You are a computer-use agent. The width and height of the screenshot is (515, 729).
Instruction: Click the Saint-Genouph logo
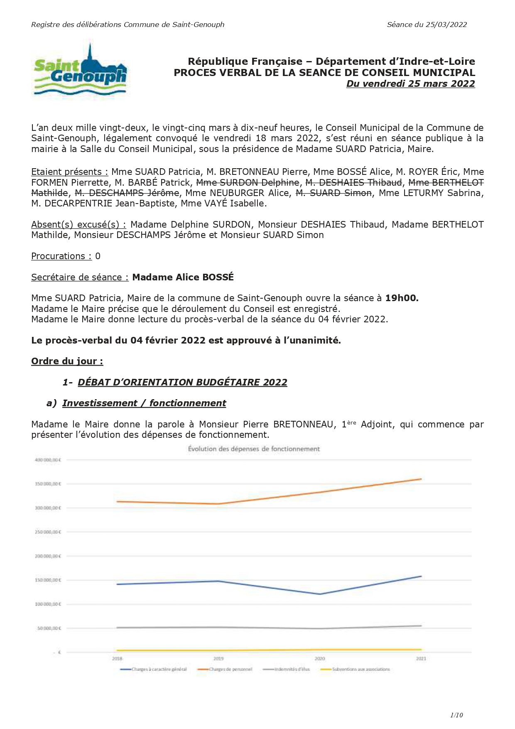click(80, 72)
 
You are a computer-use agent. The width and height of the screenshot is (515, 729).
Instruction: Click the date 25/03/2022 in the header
click(447, 25)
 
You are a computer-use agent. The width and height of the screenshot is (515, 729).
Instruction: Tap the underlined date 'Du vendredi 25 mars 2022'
click(410, 83)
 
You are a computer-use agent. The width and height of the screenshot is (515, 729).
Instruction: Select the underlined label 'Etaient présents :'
click(69, 172)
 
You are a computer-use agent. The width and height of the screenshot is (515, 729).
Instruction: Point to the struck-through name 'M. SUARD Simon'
click(334, 193)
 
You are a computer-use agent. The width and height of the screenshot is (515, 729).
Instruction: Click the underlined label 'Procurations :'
click(61, 256)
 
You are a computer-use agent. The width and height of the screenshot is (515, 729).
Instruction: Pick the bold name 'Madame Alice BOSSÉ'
click(183, 277)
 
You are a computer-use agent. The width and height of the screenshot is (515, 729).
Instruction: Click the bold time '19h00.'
click(402, 298)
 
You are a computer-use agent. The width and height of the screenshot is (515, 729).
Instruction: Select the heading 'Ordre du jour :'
click(67, 361)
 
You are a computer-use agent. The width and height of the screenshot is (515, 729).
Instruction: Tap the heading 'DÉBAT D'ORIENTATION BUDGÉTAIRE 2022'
click(182, 382)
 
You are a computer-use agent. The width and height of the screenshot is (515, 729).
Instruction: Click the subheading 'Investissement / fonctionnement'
click(144, 403)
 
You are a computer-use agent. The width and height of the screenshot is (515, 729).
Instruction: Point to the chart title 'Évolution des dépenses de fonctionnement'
click(254, 449)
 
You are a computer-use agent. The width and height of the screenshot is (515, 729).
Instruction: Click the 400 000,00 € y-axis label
click(48, 460)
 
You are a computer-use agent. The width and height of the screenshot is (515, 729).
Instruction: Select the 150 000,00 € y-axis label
click(48, 580)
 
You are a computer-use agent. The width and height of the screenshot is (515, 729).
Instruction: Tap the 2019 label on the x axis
click(218, 658)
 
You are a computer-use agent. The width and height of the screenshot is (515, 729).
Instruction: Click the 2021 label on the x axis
click(421, 658)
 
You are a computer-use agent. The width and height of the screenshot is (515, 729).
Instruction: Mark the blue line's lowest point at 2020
click(320, 594)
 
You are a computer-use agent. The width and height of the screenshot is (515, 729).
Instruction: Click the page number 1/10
click(456, 715)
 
